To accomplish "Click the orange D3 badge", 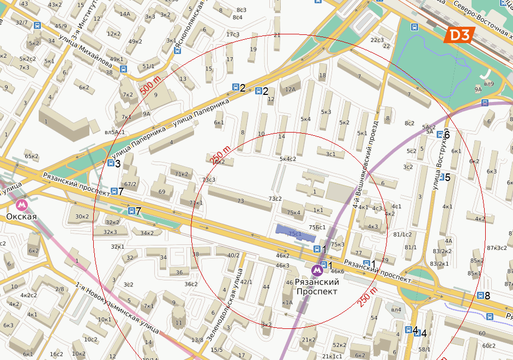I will tap(457, 35).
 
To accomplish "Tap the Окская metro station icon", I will tap(22, 205).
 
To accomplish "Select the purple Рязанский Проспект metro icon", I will tap(317, 270).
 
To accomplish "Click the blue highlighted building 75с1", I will tap(295, 233).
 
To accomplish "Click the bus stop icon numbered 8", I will tap(480, 296).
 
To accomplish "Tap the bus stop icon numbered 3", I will tap(110, 163).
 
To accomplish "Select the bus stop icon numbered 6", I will tap(439, 135).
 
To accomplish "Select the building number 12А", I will tap(289, 89).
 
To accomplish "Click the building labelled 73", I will tap(240, 201).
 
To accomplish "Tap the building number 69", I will tap(161, 191).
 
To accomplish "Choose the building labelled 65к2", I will tap(32, 157).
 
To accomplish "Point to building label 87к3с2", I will tap(497, 248).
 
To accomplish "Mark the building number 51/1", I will tap(148, 66).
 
